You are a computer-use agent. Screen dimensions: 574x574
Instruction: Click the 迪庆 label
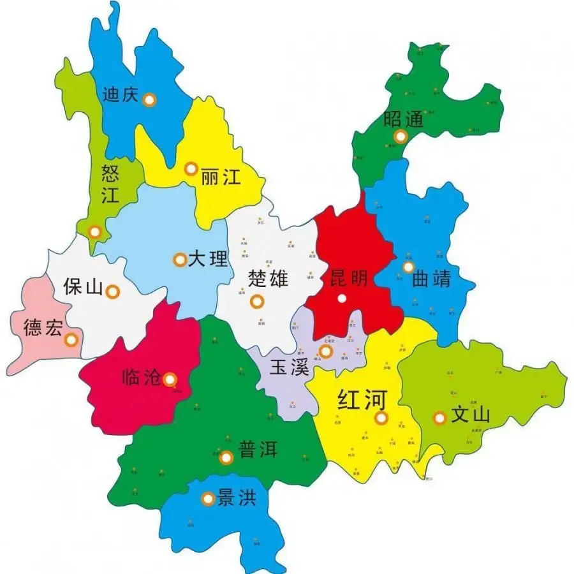[120, 95]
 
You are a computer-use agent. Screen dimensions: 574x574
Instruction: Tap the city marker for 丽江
[191, 169]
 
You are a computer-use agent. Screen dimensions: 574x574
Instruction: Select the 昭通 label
[404, 119]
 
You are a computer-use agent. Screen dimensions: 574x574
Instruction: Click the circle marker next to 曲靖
[408, 267]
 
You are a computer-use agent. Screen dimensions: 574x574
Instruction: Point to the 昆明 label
[348, 278]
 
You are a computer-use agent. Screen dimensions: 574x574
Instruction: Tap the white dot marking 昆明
[342, 298]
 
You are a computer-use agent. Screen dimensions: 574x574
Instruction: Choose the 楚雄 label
[269, 279]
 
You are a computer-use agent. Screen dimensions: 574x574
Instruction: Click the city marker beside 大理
[180, 260]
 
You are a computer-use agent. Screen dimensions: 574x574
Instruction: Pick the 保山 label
[83, 288]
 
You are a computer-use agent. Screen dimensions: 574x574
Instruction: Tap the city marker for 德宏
[71, 340]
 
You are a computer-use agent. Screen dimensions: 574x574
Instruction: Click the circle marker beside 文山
[439, 418]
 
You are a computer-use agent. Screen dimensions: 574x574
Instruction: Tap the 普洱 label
[258, 449]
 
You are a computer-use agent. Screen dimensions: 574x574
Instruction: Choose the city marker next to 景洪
[207, 499]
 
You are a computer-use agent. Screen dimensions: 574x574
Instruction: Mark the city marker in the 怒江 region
[95, 232]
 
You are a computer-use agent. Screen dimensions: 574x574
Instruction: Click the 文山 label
[470, 416]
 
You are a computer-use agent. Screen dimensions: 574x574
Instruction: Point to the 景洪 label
[237, 497]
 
